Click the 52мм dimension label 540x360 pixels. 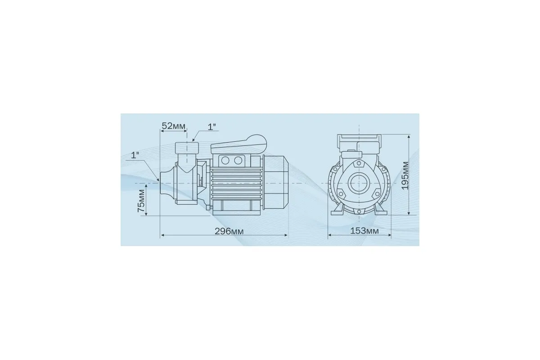(x=174, y=126)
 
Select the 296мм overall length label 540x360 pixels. (x=229, y=231)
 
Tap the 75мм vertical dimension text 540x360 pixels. (x=141, y=201)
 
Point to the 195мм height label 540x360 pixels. (x=405, y=175)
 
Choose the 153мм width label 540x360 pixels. (x=364, y=231)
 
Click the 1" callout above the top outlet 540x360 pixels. (x=212, y=127)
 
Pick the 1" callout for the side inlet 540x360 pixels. (x=135, y=155)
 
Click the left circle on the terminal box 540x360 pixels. (x=225, y=160)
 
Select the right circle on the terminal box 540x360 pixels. (x=238, y=160)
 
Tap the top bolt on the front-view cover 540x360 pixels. (x=359, y=163)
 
